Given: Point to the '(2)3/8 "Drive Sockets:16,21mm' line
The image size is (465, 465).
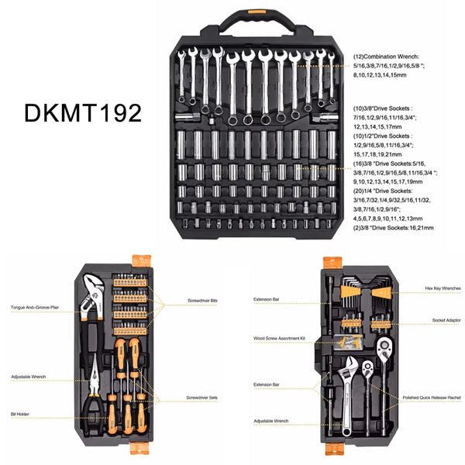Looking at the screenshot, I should click(394, 229).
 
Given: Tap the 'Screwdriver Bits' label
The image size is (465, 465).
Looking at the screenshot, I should click(202, 300).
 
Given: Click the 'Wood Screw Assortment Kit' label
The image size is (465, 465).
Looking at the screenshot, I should click(280, 338).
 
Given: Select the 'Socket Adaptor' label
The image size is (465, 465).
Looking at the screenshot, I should click(445, 319).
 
